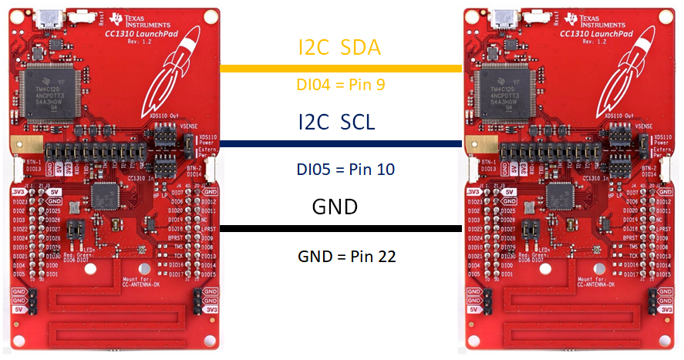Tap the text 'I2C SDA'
click(339, 48)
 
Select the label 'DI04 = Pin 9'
click(340, 85)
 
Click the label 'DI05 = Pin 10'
click(340, 168)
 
